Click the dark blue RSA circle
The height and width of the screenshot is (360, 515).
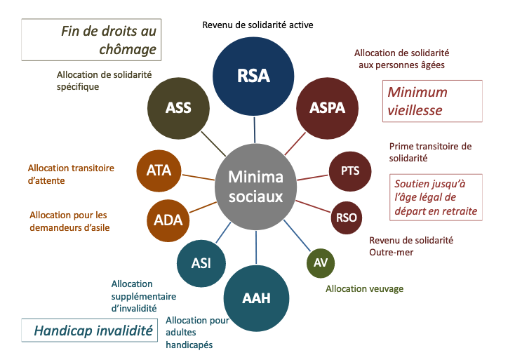pyautogui.click(x=254, y=74)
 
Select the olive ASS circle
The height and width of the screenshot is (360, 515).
pyautogui.click(x=178, y=108)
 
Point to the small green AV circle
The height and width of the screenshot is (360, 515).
pyautogui.click(x=321, y=263)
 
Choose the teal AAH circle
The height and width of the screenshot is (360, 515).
pyautogui.click(x=256, y=297)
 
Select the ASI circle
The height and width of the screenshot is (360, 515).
pyautogui.click(x=201, y=263)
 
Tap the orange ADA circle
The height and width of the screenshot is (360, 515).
pyautogui.click(x=168, y=220)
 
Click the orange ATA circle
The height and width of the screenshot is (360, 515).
pyautogui.click(x=163, y=170)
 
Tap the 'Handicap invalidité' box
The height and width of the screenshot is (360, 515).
pyautogui.click(x=88, y=331)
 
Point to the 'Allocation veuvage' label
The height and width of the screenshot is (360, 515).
pyautogui.click(x=365, y=288)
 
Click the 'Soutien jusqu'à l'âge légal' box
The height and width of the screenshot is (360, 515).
pyautogui.click(x=435, y=197)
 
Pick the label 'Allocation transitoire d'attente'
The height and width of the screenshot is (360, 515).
pyautogui.click(x=72, y=173)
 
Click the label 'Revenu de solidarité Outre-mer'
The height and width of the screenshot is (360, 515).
pyautogui.click(x=411, y=246)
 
